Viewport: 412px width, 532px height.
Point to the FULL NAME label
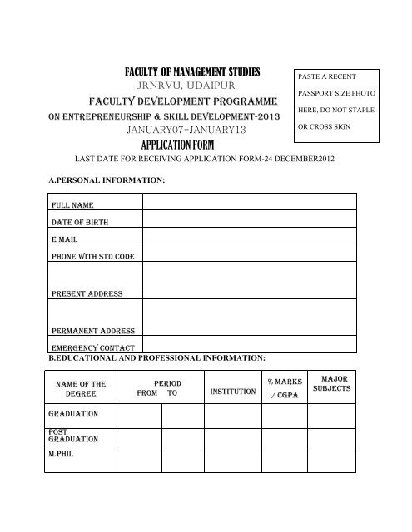pyautogui.click(x=73, y=204)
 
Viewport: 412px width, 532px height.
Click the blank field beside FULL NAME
pyautogui.click(x=250, y=204)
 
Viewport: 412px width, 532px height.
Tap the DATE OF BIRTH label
pyautogui.click(x=81, y=222)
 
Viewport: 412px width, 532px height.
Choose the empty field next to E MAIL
pyautogui.click(x=250, y=239)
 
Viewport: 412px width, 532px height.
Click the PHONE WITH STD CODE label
pyautogui.click(x=93, y=256)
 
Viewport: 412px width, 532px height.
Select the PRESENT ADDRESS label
pyautogui.click(x=87, y=293)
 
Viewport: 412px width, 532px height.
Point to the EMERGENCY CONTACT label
pyautogui.click(x=93, y=347)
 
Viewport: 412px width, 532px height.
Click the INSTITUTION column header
pyautogui.click(x=232, y=391)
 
